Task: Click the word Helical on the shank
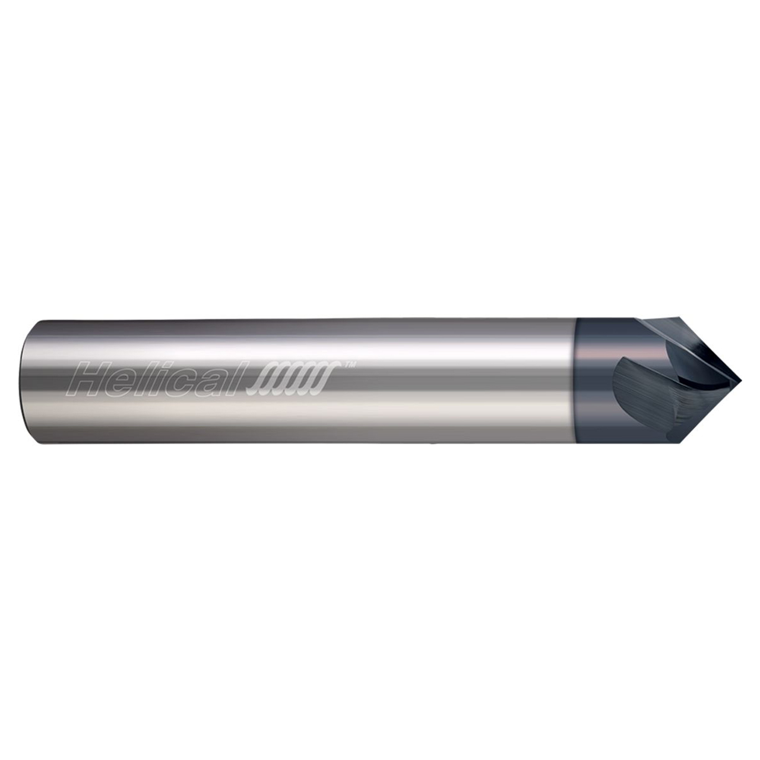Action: coord(157,381)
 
